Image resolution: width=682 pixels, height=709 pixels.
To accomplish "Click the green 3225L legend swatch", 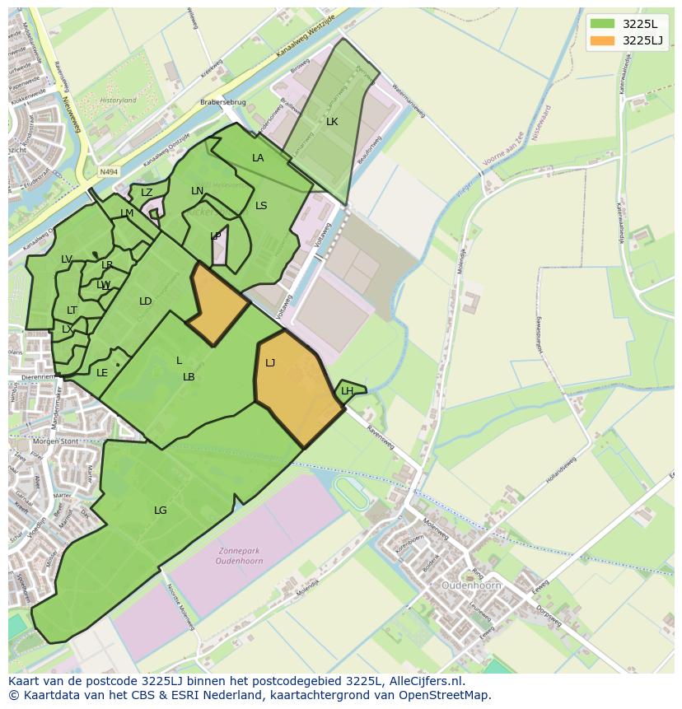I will coord(602,23).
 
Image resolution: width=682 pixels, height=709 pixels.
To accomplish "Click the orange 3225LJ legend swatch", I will coord(602,40).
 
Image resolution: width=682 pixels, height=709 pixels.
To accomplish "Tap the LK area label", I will coord(332,122).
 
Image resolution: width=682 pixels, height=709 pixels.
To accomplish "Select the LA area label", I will coord(258,158).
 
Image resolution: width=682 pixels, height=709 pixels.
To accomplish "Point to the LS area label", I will coord(261,206).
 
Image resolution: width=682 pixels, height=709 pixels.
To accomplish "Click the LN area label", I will coord(197,191).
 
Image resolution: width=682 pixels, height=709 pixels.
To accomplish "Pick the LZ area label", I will coord(147,193).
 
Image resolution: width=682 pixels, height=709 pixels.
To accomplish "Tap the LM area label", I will coord(127,213).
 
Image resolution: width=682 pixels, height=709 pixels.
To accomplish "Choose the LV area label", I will coord(67,259).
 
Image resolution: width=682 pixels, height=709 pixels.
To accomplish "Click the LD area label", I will coord(145,301).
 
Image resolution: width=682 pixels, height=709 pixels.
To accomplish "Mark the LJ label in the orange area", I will coord(270,362).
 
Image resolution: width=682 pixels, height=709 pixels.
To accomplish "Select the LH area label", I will coord(347,391).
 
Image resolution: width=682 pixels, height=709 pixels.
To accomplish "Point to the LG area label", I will coord(160,511).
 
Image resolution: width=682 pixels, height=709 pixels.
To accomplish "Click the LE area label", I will coord(102,373).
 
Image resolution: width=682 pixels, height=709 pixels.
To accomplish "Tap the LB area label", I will coord(189,377).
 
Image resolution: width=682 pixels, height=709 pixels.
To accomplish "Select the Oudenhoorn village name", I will coord(471,585).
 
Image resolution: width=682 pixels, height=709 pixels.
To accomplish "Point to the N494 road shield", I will coord(107,172).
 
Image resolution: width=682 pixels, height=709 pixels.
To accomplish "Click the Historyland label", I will coord(118,100).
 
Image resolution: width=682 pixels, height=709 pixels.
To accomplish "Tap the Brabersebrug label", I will coord(222,103).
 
